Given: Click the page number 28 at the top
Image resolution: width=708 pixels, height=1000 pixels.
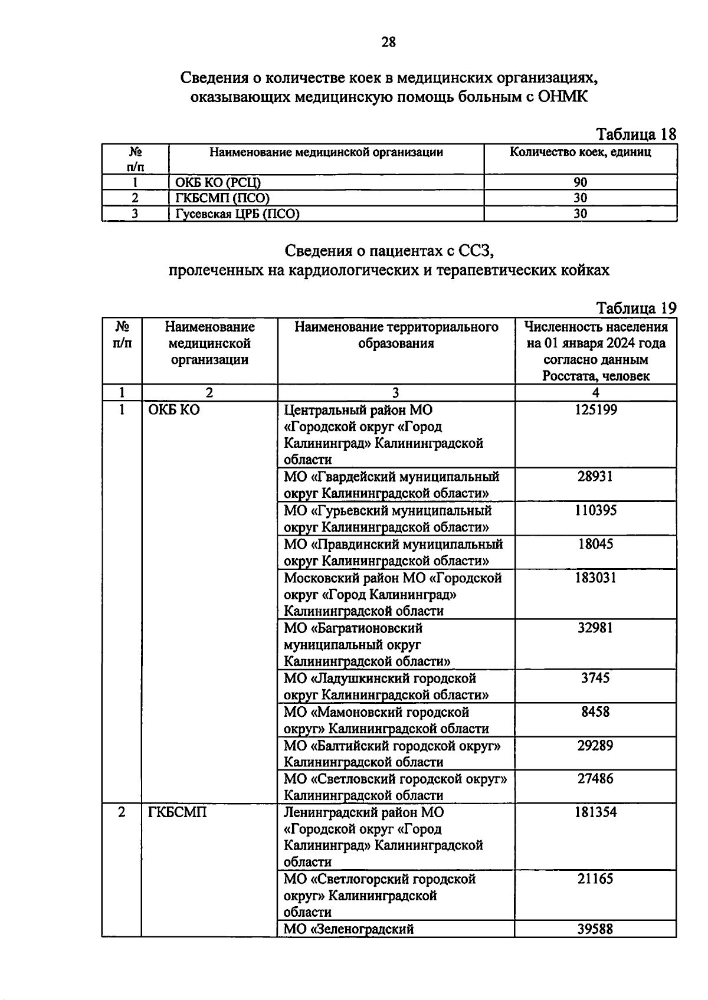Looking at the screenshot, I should [x=389, y=42].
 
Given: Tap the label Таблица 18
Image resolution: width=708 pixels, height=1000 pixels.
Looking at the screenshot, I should [x=636, y=135].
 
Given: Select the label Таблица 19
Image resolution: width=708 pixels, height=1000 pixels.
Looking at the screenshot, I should [x=636, y=308].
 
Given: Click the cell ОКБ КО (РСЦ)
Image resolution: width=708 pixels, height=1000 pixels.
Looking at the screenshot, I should [x=218, y=182].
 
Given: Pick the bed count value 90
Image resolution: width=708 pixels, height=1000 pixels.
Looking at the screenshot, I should [x=581, y=182].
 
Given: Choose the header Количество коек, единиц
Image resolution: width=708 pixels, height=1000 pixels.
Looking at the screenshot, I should [x=581, y=152].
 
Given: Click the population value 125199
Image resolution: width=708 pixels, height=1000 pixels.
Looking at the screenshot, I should [x=596, y=409].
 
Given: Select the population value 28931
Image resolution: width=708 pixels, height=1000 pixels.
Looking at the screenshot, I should [x=595, y=476].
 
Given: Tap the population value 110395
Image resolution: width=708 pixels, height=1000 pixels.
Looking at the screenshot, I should [x=596, y=510].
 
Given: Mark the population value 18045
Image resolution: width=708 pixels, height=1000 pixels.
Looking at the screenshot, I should [x=595, y=544].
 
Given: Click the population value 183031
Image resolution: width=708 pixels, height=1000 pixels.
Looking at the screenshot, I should [x=596, y=578].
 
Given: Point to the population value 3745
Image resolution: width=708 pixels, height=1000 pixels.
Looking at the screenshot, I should [x=595, y=678].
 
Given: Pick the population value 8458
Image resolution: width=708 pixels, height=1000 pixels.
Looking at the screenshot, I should [x=595, y=712].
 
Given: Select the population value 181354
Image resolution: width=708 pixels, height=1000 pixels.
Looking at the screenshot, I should [x=596, y=812].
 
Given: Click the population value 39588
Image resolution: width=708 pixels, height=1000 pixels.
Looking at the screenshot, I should [x=595, y=929].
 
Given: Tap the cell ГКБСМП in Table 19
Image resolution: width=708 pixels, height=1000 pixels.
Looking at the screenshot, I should [x=178, y=812].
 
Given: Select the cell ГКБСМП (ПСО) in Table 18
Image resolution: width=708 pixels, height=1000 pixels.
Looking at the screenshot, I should [x=222, y=198].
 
